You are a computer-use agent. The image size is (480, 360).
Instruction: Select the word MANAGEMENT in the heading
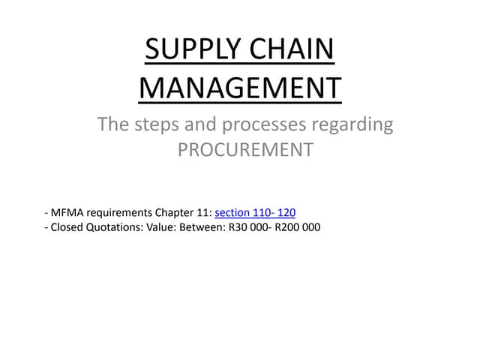240,88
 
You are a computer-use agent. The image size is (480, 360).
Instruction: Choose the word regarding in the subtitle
356,125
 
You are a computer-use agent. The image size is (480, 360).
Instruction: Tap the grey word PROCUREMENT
245,149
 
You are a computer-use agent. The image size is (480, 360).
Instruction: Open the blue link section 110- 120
260,212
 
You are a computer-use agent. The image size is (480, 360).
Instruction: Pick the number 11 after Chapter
205,212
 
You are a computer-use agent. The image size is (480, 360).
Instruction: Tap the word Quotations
115,227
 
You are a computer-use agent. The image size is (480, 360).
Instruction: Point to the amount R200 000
298,227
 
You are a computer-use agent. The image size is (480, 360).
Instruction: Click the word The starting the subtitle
113,124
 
